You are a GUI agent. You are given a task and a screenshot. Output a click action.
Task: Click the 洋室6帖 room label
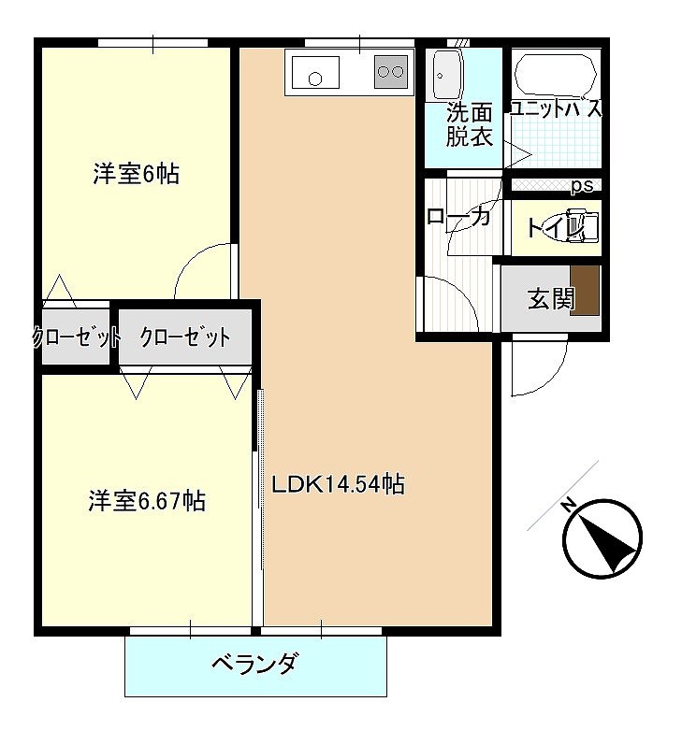136,174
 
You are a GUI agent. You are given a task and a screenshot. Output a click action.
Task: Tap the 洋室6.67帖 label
147,500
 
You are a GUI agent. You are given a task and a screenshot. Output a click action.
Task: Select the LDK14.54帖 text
338,484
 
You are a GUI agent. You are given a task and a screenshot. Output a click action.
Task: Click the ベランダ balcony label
254,665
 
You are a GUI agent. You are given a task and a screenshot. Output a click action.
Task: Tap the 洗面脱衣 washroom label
469,125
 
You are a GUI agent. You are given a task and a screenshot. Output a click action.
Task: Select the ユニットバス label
556,108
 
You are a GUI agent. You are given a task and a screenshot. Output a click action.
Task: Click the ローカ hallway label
458,217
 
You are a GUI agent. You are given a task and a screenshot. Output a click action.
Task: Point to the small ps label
582,186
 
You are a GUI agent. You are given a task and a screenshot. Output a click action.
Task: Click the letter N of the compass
568,507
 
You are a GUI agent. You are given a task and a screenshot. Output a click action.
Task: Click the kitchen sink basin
313,71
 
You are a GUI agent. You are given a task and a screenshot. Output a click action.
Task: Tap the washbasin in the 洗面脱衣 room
445,70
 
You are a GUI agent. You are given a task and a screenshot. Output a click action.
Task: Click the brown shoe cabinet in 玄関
586,290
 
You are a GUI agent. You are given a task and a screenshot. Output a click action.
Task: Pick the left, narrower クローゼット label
76,337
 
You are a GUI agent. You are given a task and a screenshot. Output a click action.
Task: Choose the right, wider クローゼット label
185,337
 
